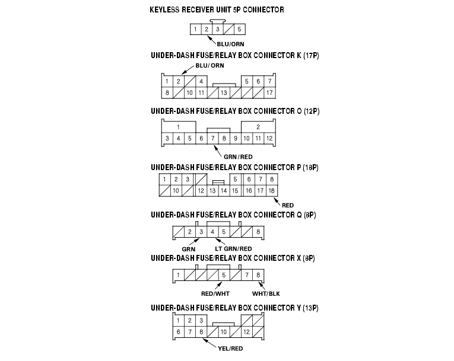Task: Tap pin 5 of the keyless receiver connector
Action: click(x=239, y=29)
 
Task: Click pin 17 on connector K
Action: click(x=269, y=92)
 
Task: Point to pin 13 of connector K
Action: click(x=224, y=92)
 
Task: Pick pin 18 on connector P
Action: click(x=271, y=190)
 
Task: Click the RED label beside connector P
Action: click(x=288, y=205)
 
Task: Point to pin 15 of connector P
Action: click(x=235, y=190)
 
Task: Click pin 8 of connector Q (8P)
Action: click(x=258, y=232)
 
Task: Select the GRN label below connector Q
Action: click(x=189, y=248)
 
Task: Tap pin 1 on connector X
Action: click(x=177, y=275)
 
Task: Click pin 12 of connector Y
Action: click(x=246, y=331)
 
